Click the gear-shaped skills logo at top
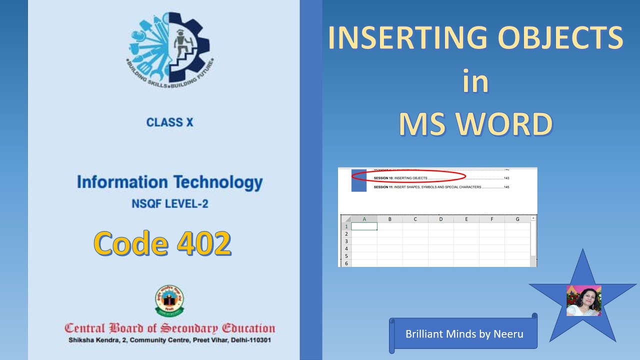[169, 48]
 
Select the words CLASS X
[169, 122]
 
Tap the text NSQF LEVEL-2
[170, 204]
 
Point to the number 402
[204, 243]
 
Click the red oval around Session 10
[409, 176]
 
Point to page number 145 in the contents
[506, 187]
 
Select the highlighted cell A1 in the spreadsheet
[364, 226]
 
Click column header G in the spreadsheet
[517, 219]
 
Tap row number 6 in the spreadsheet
[345, 263]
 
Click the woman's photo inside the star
[583, 301]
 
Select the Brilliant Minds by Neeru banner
[464, 333]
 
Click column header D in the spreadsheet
[441, 219]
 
